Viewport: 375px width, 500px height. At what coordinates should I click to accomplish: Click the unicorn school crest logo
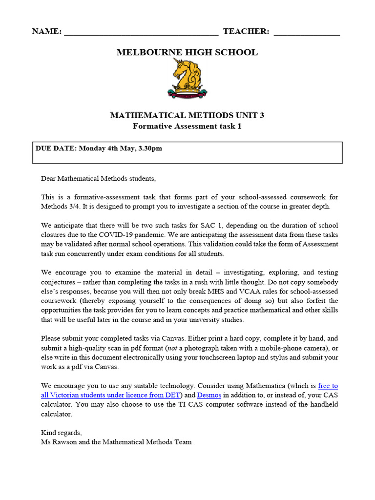pos(187,79)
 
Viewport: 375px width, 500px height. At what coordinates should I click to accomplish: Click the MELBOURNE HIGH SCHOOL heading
pos(187,52)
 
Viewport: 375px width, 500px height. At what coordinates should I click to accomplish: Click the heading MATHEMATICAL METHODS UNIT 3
pos(187,116)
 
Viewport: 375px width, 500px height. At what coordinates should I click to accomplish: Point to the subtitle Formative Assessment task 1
pos(187,126)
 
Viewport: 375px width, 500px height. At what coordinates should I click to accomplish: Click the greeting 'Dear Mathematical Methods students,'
pos(99,179)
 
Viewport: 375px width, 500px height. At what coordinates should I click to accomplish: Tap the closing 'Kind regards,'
pos(62,433)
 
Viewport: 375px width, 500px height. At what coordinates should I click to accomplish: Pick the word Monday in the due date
pos(92,148)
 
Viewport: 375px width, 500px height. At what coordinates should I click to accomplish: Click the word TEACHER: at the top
pos(246,32)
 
